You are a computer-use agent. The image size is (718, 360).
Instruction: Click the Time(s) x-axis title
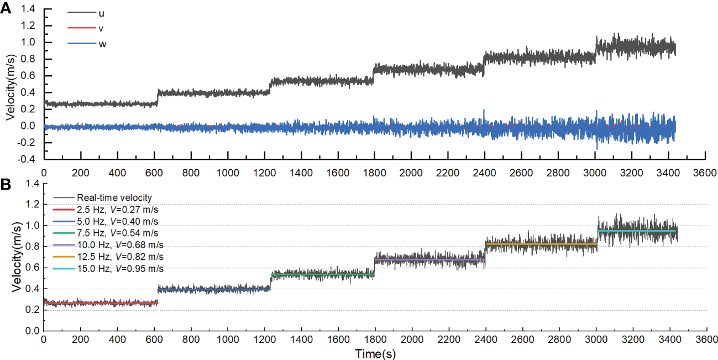click(x=375, y=353)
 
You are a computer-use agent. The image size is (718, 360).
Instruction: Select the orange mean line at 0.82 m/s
click(x=541, y=244)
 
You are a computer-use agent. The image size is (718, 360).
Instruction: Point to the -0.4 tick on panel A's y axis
click(x=29, y=159)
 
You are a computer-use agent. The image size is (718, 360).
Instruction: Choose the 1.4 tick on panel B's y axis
click(x=32, y=184)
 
